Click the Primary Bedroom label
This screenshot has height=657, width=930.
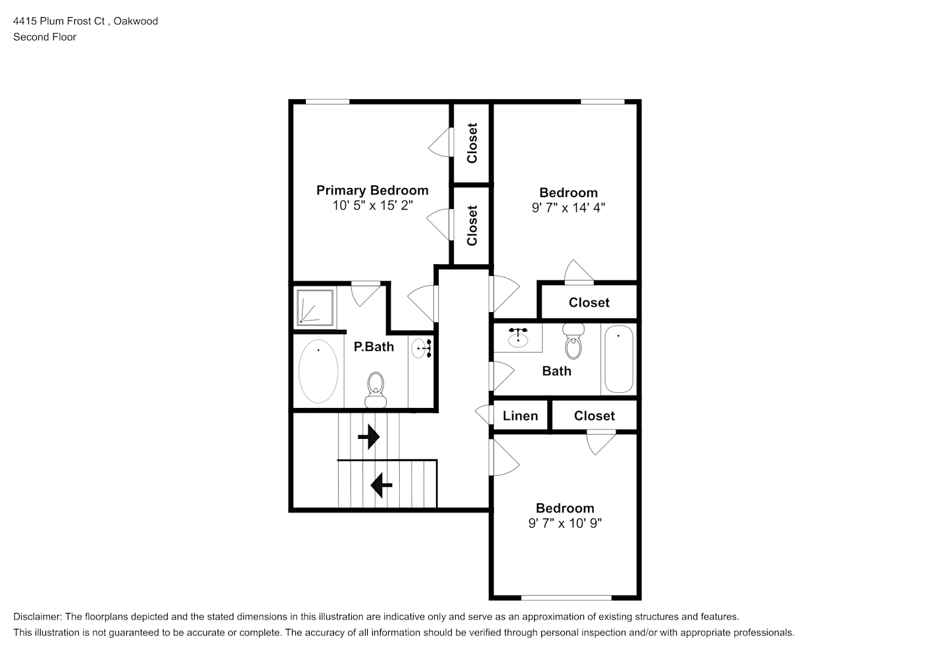point(372,191)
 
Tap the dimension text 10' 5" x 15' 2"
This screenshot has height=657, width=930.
point(372,205)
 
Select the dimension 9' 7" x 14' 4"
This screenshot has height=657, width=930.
point(568,208)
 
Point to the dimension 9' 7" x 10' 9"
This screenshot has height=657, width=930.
point(564,523)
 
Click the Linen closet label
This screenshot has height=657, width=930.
point(520,416)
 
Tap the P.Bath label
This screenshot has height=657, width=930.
point(374,347)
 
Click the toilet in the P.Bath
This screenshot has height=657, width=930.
point(376,390)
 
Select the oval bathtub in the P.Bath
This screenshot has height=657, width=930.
point(318,371)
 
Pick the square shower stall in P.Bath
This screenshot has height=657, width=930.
point(315,307)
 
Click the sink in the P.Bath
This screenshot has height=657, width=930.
point(422,348)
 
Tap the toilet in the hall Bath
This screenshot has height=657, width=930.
point(574,341)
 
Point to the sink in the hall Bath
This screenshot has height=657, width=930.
point(518,337)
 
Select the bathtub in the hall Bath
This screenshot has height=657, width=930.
point(619,359)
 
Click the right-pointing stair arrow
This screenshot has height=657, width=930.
point(369,437)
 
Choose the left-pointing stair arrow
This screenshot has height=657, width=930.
point(381,485)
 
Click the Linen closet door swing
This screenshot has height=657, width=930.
point(483,415)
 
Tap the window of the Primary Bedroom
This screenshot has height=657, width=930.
point(328,102)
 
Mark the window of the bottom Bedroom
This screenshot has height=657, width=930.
point(566,598)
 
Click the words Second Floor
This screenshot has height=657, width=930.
point(45,37)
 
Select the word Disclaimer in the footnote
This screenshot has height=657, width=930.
point(37,617)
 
